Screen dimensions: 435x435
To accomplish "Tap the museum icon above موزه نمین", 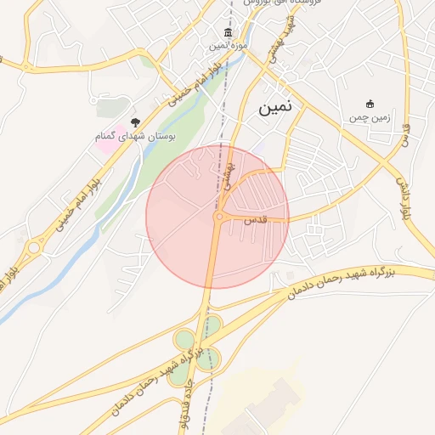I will [228, 33].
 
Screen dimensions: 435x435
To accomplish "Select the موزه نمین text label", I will [229, 46].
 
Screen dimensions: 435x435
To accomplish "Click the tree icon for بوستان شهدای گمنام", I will [134, 123].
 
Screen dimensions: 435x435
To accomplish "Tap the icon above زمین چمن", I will [369, 104].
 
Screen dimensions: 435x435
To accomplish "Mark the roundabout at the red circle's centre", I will [218, 217].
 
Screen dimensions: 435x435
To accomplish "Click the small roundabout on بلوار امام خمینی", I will [33, 248].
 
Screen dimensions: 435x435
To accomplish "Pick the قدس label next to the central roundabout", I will [254, 219].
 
